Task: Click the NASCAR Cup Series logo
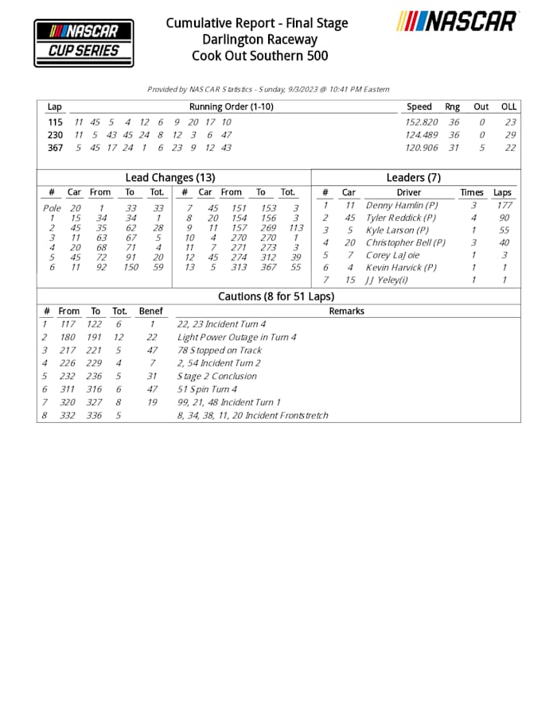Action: tap(84, 43)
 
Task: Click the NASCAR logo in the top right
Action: tap(458, 21)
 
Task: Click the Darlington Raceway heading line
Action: tap(256, 40)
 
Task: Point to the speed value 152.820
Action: tap(422, 122)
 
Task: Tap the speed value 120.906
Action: tap(422, 148)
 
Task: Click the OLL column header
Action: tap(508, 106)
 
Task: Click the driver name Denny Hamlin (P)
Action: tap(401, 205)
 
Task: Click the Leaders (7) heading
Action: tap(413, 178)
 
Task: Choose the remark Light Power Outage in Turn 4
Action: tap(237, 338)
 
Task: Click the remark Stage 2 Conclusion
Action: tap(216, 376)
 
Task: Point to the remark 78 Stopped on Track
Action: tap(219, 350)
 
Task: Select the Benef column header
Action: tap(150, 312)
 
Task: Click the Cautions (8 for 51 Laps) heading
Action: tap(276, 296)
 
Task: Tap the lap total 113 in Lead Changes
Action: tap(296, 230)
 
